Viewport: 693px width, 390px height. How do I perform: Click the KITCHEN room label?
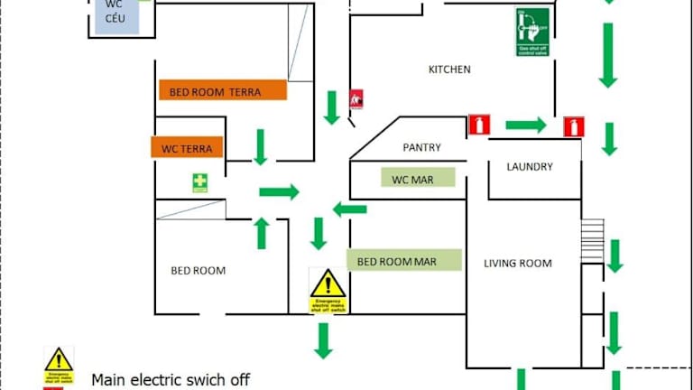pyautogui.click(x=449, y=70)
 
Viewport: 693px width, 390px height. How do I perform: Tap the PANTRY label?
pyautogui.click(x=421, y=147)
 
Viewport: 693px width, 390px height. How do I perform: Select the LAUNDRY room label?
pyautogui.click(x=530, y=167)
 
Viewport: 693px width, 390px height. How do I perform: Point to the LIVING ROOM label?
pyautogui.click(x=518, y=264)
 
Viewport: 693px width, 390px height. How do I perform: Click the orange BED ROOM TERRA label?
pyautogui.click(x=222, y=90)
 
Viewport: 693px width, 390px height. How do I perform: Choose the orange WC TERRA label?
pyautogui.click(x=187, y=147)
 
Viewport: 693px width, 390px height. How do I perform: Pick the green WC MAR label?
pyautogui.click(x=417, y=179)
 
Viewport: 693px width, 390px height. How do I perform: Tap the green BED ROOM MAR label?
pyautogui.click(x=403, y=261)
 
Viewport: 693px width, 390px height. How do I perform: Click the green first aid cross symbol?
pyautogui.click(x=199, y=183)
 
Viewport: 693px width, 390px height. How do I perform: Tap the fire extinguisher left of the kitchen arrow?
pyautogui.click(x=479, y=125)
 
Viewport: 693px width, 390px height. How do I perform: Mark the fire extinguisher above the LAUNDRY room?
pyautogui.click(x=574, y=126)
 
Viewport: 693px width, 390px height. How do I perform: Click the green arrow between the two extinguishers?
pyautogui.click(x=526, y=125)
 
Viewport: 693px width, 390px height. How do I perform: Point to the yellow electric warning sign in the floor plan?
pyautogui.click(x=328, y=291)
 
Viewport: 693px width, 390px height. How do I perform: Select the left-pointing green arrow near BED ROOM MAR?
pyautogui.click(x=349, y=209)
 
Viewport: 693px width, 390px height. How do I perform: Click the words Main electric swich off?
pyautogui.click(x=171, y=380)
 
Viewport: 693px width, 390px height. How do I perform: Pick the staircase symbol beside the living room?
pyautogui.click(x=592, y=240)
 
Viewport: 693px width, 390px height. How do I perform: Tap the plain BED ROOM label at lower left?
pyautogui.click(x=199, y=271)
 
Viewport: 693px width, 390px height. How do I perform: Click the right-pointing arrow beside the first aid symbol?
pyautogui.click(x=279, y=191)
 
